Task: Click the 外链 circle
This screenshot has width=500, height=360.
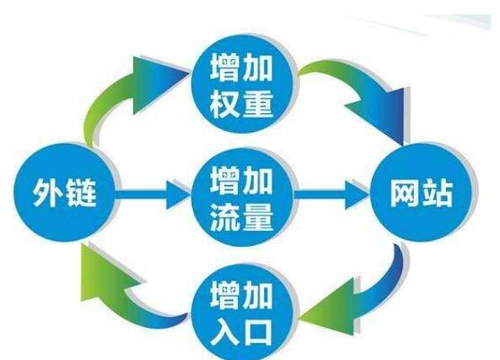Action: point(64,192)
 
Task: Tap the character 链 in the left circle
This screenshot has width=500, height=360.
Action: point(81,192)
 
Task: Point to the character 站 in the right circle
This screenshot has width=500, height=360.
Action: point(437,193)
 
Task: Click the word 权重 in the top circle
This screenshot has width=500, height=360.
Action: point(241,103)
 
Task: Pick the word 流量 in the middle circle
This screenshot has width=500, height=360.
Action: point(241,217)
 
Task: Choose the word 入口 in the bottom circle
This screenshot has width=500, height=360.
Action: point(241,331)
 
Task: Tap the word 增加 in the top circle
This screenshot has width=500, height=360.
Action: point(241,67)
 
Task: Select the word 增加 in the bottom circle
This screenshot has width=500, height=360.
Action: point(241,294)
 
